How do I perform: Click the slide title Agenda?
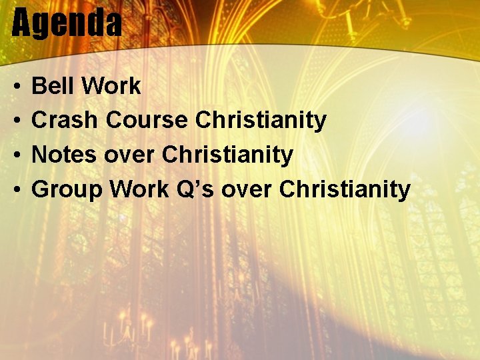coord(67,24)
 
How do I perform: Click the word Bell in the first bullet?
coord(51,86)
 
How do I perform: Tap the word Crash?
coord(65,121)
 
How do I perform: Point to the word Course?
coord(147,121)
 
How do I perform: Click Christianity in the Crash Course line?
coord(261,121)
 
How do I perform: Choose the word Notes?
coord(63,155)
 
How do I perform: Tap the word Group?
coord(67,190)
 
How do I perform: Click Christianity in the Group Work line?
coord(345,190)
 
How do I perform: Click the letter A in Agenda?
coord(22,24)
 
